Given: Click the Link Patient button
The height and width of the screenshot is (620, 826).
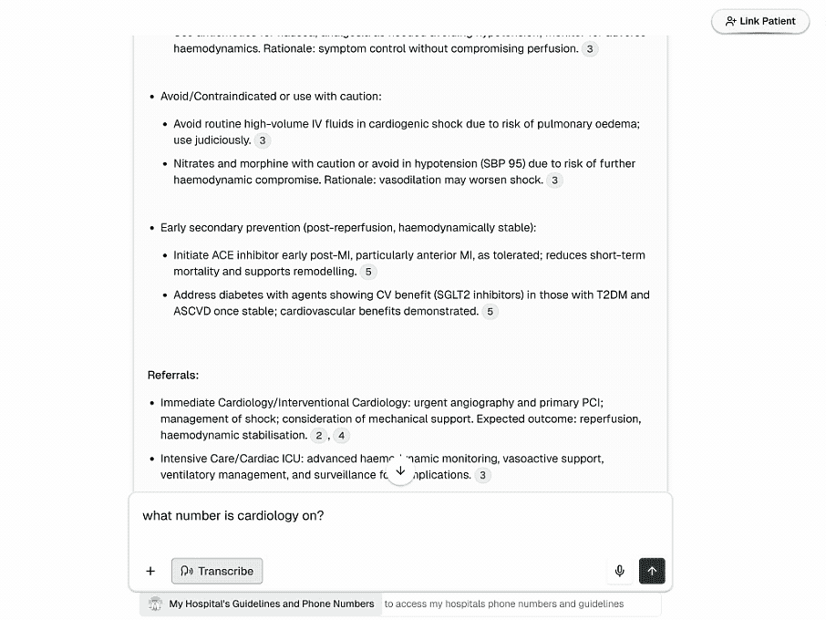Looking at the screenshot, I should pyautogui.click(x=760, y=21).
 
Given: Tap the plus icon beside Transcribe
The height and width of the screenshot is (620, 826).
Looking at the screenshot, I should pyautogui.click(x=150, y=571).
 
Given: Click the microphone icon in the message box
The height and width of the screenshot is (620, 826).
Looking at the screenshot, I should pyautogui.click(x=620, y=571).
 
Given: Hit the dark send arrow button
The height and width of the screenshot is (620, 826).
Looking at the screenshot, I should pyautogui.click(x=652, y=571).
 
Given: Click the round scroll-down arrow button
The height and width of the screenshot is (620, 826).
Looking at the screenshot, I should pyautogui.click(x=399, y=471).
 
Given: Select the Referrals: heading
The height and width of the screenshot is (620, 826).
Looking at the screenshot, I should pyautogui.click(x=173, y=375).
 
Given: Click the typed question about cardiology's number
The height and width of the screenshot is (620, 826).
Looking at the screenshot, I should pyautogui.click(x=233, y=516).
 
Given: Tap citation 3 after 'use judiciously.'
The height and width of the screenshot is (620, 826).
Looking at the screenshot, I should pyautogui.click(x=263, y=140).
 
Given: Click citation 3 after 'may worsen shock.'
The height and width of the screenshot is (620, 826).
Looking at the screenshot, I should pyautogui.click(x=554, y=181).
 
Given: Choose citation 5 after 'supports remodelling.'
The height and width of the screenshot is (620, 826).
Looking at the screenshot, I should pyautogui.click(x=368, y=272).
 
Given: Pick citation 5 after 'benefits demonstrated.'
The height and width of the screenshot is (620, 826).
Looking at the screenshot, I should pyautogui.click(x=490, y=312).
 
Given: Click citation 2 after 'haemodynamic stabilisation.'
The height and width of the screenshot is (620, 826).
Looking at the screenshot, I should pyautogui.click(x=319, y=436).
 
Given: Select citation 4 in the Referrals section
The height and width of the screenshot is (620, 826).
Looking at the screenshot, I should pyautogui.click(x=341, y=436).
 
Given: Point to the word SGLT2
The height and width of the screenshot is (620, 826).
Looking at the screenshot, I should pyautogui.click(x=491, y=295).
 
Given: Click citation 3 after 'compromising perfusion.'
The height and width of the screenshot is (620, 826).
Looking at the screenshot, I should pyautogui.click(x=590, y=49).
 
